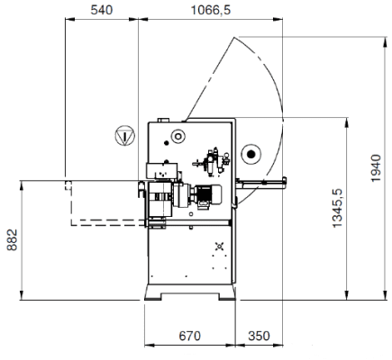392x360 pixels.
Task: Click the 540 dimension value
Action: pyautogui.click(x=102, y=10)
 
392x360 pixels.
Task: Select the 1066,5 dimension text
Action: pyautogui.click(x=211, y=10)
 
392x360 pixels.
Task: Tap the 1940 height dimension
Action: pyautogui.click(x=376, y=168)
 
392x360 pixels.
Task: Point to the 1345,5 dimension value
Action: pyautogui.click(x=337, y=208)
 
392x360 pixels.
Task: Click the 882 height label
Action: pyautogui.click(x=13, y=240)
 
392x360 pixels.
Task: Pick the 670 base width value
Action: pyautogui.click(x=190, y=336)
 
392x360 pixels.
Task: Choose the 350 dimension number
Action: pyautogui.click(x=259, y=336)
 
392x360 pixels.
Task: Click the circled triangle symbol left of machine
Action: pyautogui.click(x=125, y=136)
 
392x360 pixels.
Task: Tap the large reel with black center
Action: pyautogui.click(x=251, y=155)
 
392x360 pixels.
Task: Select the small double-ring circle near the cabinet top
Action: pyautogui.click(x=178, y=136)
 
